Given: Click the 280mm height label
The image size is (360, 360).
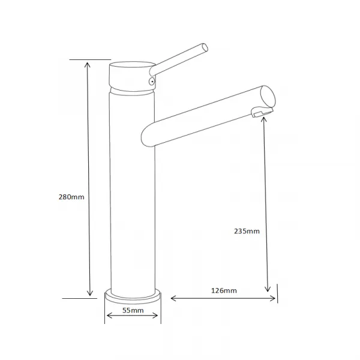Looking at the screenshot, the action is click(71, 197).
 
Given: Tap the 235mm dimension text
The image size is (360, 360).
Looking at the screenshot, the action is click(247, 231).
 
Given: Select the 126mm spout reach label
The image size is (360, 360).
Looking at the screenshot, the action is click(224, 290).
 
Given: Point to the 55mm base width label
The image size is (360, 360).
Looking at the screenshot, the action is click(133, 310).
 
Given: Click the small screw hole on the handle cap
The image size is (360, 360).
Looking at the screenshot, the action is click(152, 81).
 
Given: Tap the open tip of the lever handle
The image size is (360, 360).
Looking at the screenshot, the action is click(205, 47).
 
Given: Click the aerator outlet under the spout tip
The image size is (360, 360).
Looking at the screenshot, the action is click(262, 112).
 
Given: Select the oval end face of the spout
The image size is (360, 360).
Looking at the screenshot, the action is click(268, 97).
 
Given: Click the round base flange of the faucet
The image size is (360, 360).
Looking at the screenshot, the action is click(133, 296).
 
